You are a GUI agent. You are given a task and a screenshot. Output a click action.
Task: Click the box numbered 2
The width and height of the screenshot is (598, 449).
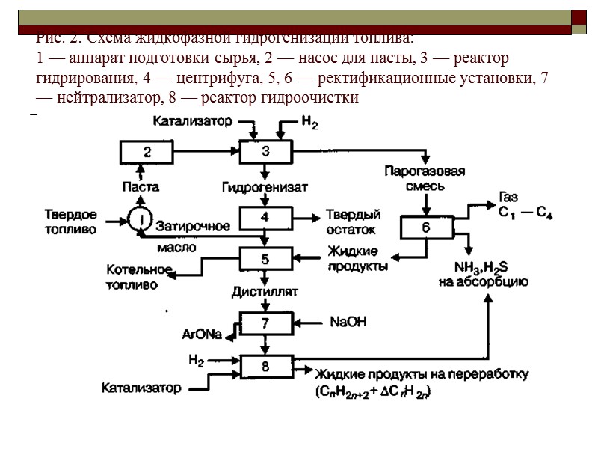coord(147,153)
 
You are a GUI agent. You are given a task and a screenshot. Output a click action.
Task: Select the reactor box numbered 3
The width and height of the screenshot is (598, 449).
coord(265,152)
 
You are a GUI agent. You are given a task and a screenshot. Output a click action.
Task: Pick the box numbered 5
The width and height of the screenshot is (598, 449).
coord(265,259)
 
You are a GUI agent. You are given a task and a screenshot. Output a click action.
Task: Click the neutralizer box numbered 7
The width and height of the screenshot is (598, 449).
coord(265,324)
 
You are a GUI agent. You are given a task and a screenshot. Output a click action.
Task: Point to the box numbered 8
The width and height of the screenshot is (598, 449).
coord(265,367)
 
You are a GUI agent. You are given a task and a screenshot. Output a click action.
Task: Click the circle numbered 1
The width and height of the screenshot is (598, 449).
coord(139,219)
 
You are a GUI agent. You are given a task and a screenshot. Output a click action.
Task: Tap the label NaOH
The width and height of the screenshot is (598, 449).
coord(348,323)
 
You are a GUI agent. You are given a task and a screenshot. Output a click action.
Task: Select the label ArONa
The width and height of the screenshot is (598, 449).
coord(202,335)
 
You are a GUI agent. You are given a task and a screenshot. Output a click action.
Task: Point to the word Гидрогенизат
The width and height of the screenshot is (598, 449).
coord(265,186)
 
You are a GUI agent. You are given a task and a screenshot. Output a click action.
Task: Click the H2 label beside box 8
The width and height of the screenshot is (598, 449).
coord(196,361)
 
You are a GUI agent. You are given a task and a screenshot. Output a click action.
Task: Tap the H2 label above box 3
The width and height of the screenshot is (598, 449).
coord(309,123)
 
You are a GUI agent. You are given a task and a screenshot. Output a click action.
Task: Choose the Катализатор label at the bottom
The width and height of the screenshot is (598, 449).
coord(141,388)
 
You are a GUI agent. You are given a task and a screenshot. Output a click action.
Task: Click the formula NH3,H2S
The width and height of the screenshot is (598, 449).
coord(482,267)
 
